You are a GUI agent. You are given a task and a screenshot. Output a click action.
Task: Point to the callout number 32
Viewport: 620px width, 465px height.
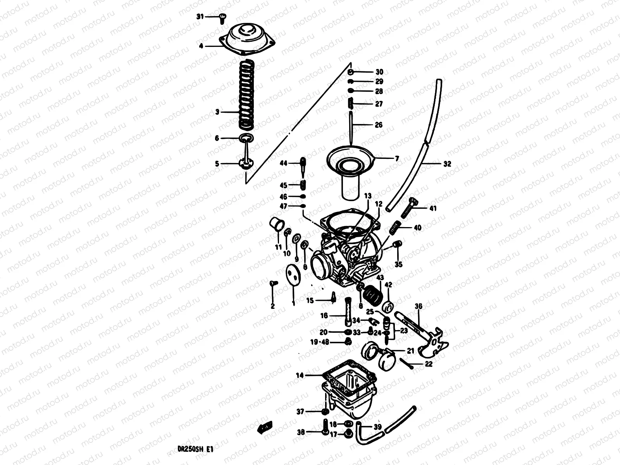[x=447, y=164]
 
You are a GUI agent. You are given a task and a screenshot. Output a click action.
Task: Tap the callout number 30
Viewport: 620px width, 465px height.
[x=379, y=72]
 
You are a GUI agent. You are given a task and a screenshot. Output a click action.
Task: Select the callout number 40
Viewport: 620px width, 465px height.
[x=417, y=228]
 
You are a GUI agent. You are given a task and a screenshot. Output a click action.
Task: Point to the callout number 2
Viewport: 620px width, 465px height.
[x=272, y=306]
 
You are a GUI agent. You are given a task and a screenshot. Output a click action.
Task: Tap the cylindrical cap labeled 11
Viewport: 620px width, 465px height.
[x=277, y=225]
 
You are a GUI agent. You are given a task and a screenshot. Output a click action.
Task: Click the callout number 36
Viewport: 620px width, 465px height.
[x=418, y=307]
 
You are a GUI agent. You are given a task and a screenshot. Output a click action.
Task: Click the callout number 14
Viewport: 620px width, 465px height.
[x=300, y=375]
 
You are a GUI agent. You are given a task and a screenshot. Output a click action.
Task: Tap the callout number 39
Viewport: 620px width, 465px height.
[x=378, y=427]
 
